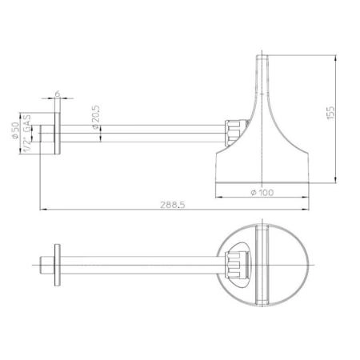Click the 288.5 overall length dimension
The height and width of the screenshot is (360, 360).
click(x=173, y=205)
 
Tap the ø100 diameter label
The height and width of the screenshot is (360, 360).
click(x=262, y=192)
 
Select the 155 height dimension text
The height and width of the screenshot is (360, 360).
click(x=330, y=113)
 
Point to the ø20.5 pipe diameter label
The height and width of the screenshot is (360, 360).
click(x=96, y=118)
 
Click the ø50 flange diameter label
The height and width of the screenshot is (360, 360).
click(x=15, y=130)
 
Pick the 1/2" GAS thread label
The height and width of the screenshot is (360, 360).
click(x=27, y=134)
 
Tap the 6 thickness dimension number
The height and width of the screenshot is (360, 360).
click(x=58, y=94)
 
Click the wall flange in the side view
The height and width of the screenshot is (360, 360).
click(x=58, y=134)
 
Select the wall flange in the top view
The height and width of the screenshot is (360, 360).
click(x=58, y=265)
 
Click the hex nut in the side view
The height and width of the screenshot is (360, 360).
click(x=234, y=133)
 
